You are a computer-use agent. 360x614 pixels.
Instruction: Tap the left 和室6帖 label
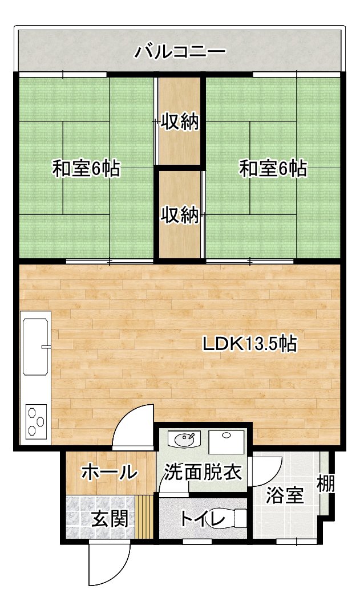[x=86, y=169]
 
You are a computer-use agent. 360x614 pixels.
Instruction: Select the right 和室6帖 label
[x=273, y=169]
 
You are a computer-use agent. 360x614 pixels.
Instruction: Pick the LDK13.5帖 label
[x=249, y=344]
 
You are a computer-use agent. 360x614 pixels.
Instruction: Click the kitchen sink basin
[x=36, y=346]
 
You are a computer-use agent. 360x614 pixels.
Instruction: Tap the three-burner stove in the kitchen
[x=36, y=421]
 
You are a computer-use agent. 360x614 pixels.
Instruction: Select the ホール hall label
[x=110, y=473]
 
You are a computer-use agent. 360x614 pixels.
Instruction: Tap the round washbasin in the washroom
[x=184, y=440]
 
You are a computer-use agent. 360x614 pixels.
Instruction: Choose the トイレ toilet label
[x=203, y=519]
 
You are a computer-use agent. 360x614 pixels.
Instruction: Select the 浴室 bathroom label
[x=285, y=495]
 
